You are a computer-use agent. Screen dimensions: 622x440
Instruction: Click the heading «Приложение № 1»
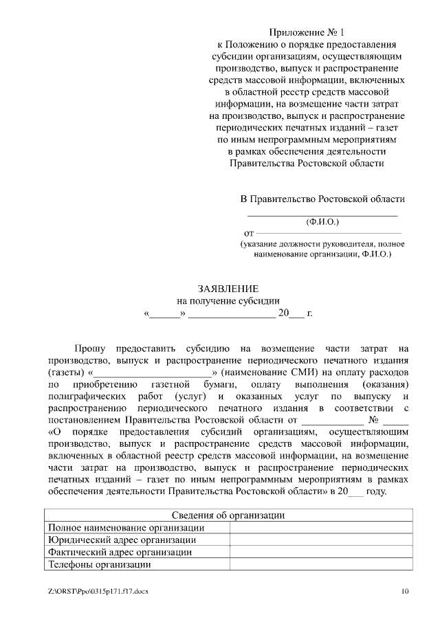pyautogui.click(x=306, y=32)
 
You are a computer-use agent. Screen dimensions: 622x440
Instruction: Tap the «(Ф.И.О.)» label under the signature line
pyautogui.click(x=322, y=222)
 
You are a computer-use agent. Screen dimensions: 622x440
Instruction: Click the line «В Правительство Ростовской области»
pyautogui.click(x=322, y=199)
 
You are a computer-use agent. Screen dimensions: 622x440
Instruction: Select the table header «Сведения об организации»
pyautogui.click(x=228, y=515)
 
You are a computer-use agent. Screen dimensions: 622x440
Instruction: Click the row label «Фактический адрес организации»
pyautogui.click(x=120, y=553)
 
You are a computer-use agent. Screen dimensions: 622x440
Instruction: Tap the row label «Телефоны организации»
pyautogui.click(x=99, y=565)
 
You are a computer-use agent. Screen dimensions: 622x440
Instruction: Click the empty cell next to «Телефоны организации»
pyautogui.click(x=321, y=565)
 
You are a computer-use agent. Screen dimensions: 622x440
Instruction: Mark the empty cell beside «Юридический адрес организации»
pyautogui.click(x=321, y=540)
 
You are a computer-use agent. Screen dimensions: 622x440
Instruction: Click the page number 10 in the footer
pyautogui.click(x=405, y=591)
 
